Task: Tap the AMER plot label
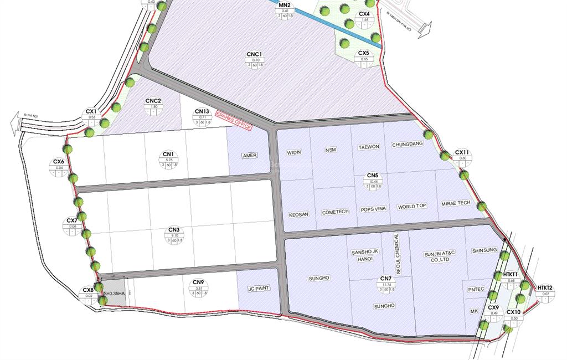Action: [x=249, y=156]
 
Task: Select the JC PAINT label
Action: [x=259, y=289]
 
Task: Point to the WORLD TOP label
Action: [x=412, y=206]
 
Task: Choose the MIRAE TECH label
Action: [x=456, y=203]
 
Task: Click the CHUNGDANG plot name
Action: [x=408, y=145]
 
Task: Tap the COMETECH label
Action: [x=335, y=212]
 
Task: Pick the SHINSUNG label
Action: [x=484, y=250]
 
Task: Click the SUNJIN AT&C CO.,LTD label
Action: [x=439, y=256]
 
